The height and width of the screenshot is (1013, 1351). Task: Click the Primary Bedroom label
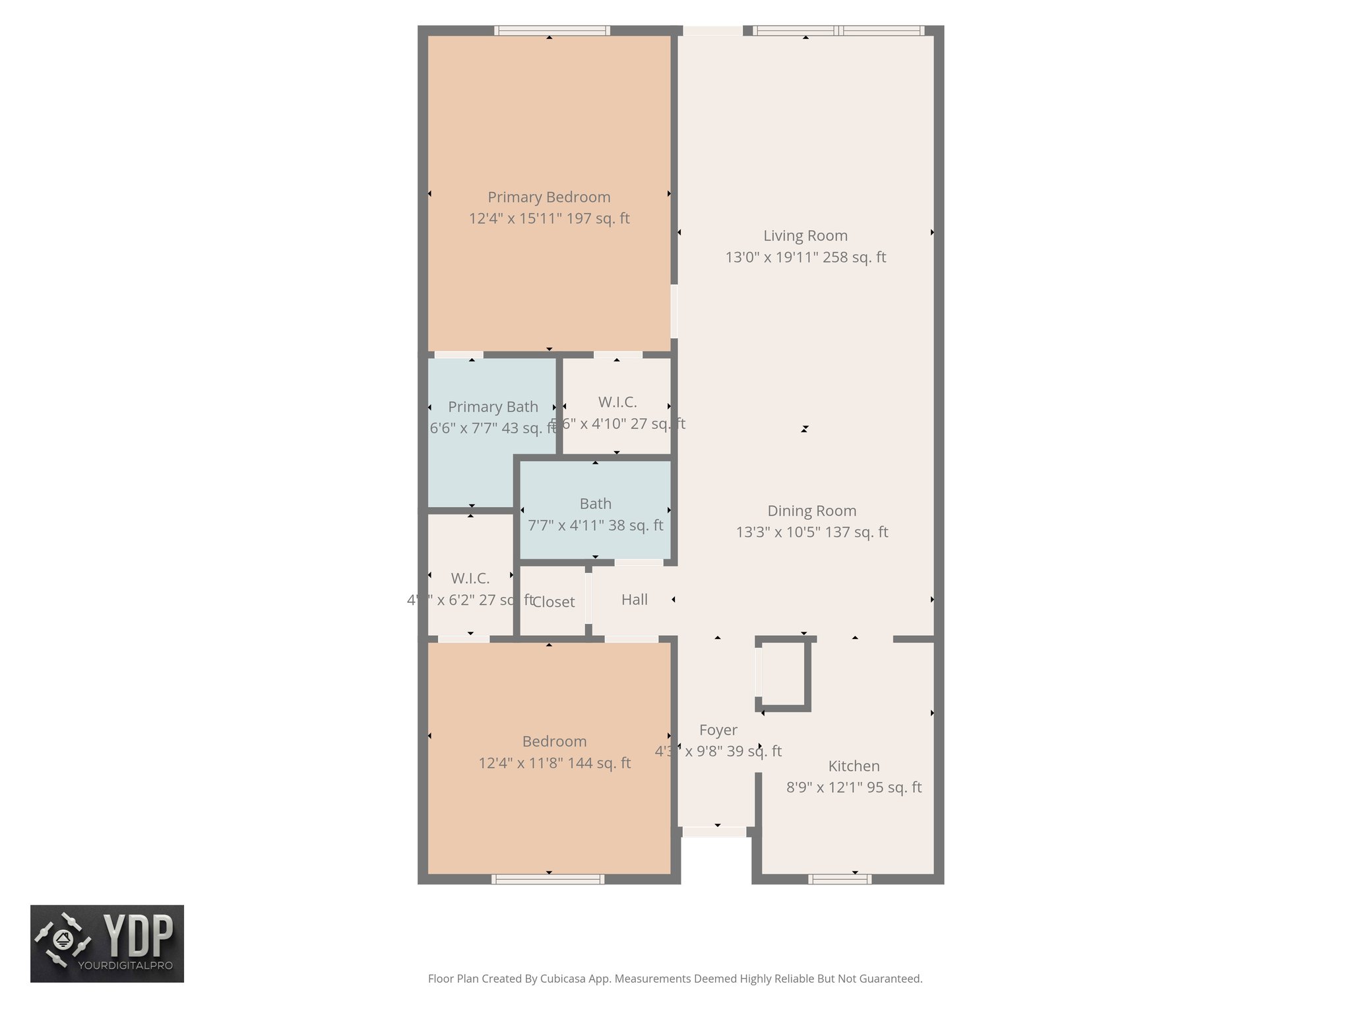549,197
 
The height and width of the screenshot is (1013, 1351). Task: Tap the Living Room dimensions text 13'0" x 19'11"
805,257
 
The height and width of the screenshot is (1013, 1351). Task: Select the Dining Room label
811,510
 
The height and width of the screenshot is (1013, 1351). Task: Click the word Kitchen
854,766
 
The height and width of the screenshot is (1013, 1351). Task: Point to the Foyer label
718,730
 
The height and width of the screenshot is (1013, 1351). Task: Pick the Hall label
634,599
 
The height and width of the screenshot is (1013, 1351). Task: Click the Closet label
553,601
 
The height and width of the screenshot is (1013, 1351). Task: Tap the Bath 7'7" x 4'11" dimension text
595,526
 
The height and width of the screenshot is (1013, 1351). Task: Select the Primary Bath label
493,407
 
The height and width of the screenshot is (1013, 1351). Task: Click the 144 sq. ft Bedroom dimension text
554,763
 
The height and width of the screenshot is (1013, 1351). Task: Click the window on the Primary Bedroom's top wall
551,30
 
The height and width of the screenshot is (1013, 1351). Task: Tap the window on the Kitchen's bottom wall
839,878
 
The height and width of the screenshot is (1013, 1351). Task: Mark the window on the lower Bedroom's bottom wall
548,878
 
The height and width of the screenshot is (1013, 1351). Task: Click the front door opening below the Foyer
714,832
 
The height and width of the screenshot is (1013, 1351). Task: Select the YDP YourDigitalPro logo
107,943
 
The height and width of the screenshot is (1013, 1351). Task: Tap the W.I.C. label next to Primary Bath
617,402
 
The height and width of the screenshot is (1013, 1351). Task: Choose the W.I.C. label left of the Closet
470,578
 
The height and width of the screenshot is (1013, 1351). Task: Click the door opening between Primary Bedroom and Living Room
674,311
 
